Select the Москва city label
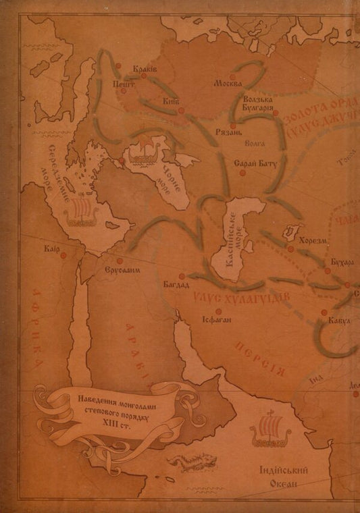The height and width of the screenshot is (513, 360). point(227,86)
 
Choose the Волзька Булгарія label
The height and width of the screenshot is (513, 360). point(257,104)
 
